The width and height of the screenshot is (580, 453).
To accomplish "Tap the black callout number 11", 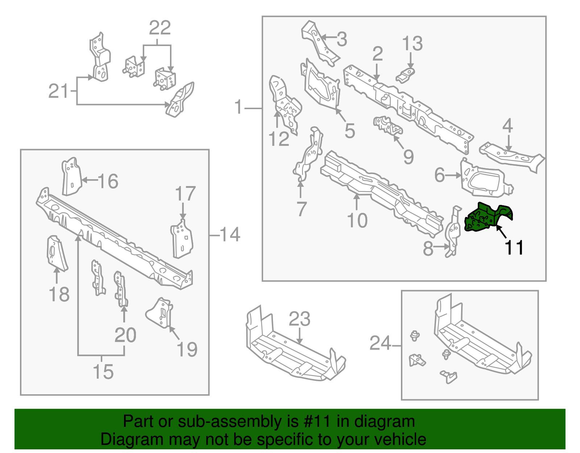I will (514, 248).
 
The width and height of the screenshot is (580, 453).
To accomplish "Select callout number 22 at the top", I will (160, 28).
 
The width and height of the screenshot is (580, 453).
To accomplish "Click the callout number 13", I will (413, 44).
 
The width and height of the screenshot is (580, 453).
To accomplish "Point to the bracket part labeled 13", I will (406, 75).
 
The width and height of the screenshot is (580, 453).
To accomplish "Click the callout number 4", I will (507, 126).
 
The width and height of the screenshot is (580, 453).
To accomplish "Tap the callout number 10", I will (357, 220).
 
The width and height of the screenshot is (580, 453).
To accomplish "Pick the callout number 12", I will (279, 139).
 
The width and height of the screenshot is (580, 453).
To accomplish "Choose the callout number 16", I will (108, 181).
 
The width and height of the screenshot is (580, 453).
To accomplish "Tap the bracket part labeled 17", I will (182, 238).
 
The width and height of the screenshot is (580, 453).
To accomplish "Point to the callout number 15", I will (103, 371).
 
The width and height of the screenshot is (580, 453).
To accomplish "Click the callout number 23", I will (299, 319).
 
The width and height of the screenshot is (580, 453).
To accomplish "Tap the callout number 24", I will (380, 343).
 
